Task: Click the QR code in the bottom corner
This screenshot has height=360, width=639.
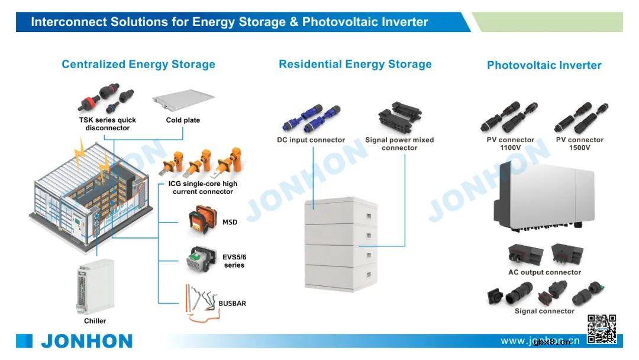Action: click(x=602, y=329)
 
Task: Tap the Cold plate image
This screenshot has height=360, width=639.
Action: click(x=183, y=100)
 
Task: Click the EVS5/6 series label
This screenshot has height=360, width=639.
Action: click(x=234, y=261)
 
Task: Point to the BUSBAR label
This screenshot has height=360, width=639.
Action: click(x=232, y=304)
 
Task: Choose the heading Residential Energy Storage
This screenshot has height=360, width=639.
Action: click(x=355, y=65)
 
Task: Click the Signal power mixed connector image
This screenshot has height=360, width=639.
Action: click(x=399, y=117)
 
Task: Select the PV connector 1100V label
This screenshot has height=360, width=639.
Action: click(x=510, y=144)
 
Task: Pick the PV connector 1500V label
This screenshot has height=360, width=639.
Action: click(x=579, y=144)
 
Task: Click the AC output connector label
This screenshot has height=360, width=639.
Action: click(x=544, y=272)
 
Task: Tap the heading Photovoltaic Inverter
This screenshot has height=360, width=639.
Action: click(x=544, y=66)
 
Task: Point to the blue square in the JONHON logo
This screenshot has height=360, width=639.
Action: click(x=24, y=341)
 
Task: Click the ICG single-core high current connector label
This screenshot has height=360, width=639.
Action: click(x=202, y=188)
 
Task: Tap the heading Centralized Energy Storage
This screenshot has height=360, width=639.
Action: click(x=138, y=65)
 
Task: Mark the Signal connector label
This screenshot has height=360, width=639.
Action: click(x=544, y=311)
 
